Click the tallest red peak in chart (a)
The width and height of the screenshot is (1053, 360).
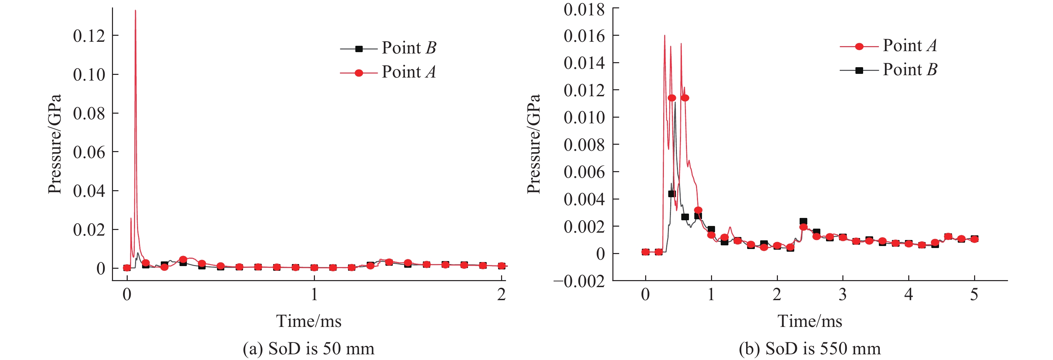tap(135, 11)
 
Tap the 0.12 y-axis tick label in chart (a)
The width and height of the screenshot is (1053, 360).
tap(89, 36)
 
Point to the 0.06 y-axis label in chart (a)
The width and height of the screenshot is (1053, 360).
tap(89, 152)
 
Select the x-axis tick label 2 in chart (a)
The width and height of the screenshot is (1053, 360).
tap(501, 294)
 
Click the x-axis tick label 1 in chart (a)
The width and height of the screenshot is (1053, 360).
tap(314, 294)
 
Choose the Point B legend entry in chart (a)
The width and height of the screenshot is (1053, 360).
tap(388, 48)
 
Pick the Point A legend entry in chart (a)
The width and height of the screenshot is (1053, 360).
tap(388, 72)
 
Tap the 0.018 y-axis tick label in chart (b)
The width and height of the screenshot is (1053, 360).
tap(584, 9)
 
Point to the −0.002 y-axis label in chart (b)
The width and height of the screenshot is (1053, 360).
tap(579, 281)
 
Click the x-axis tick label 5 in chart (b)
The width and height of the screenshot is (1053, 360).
tap(974, 294)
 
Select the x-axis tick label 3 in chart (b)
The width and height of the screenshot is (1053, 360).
tap(843, 294)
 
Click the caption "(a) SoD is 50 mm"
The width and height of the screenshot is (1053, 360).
tap(309, 349)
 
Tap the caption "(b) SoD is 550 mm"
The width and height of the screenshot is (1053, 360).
tap(810, 349)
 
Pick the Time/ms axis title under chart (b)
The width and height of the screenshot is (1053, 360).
tap(810, 321)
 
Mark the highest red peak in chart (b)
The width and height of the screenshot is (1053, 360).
tap(665, 35)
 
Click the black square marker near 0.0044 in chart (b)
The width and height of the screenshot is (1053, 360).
tap(672, 194)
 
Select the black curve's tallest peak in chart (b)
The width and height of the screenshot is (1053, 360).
tap(675, 103)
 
